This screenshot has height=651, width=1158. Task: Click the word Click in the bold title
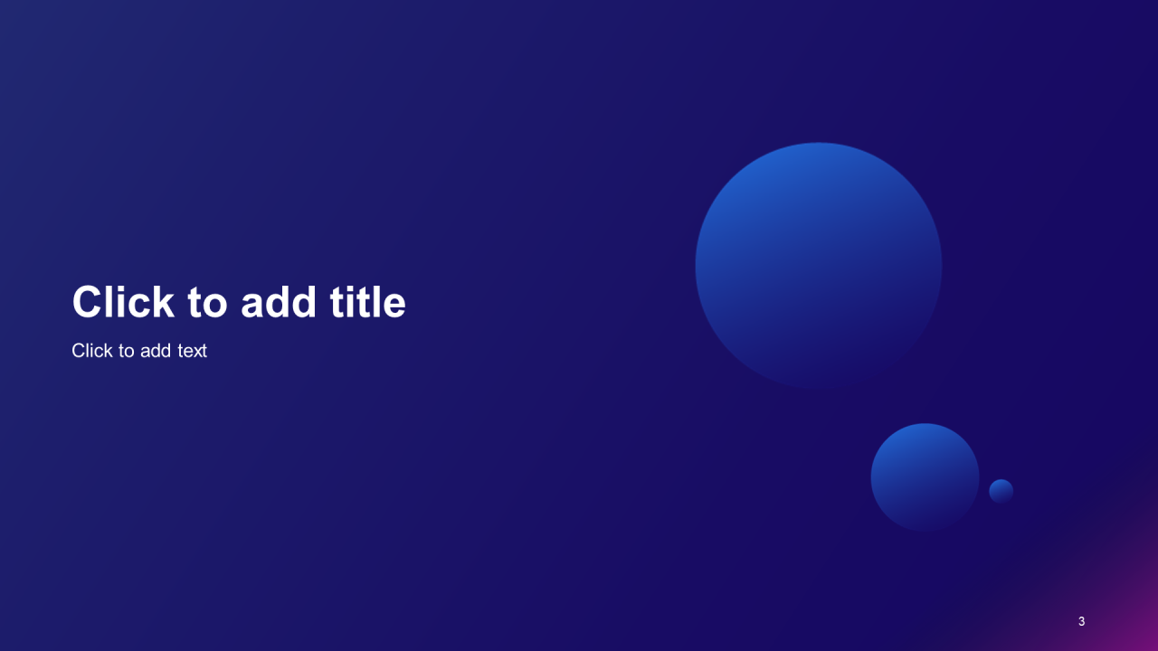pyautogui.click(x=123, y=302)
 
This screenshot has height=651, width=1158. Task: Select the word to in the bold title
pyautogui.click(x=207, y=303)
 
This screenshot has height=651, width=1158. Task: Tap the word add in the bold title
pyautogui.click(x=278, y=302)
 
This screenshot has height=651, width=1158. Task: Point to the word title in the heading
pyautogui.click(x=367, y=302)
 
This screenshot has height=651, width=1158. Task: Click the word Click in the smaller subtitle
pyautogui.click(x=92, y=350)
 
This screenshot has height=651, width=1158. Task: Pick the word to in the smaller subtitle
pyautogui.click(x=127, y=352)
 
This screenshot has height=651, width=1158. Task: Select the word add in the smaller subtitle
pyautogui.click(x=156, y=350)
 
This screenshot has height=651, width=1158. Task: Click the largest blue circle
pyautogui.click(x=819, y=266)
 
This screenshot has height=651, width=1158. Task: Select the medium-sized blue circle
pyautogui.click(x=925, y=477)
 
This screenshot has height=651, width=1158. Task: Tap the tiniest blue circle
pyautogui.click(x=1001, y=491)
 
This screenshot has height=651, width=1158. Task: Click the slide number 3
pyautogui.click(x=1081, y=621)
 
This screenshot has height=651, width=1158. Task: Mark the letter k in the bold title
pyautogui.click(x=163, y=302)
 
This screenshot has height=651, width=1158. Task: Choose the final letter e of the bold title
pyautogui.click(x=394, y=306)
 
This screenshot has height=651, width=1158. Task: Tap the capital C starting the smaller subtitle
pyautogui.click(x=79, y=350)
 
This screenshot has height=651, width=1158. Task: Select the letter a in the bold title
pyautogui.click(x=252, y=306)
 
